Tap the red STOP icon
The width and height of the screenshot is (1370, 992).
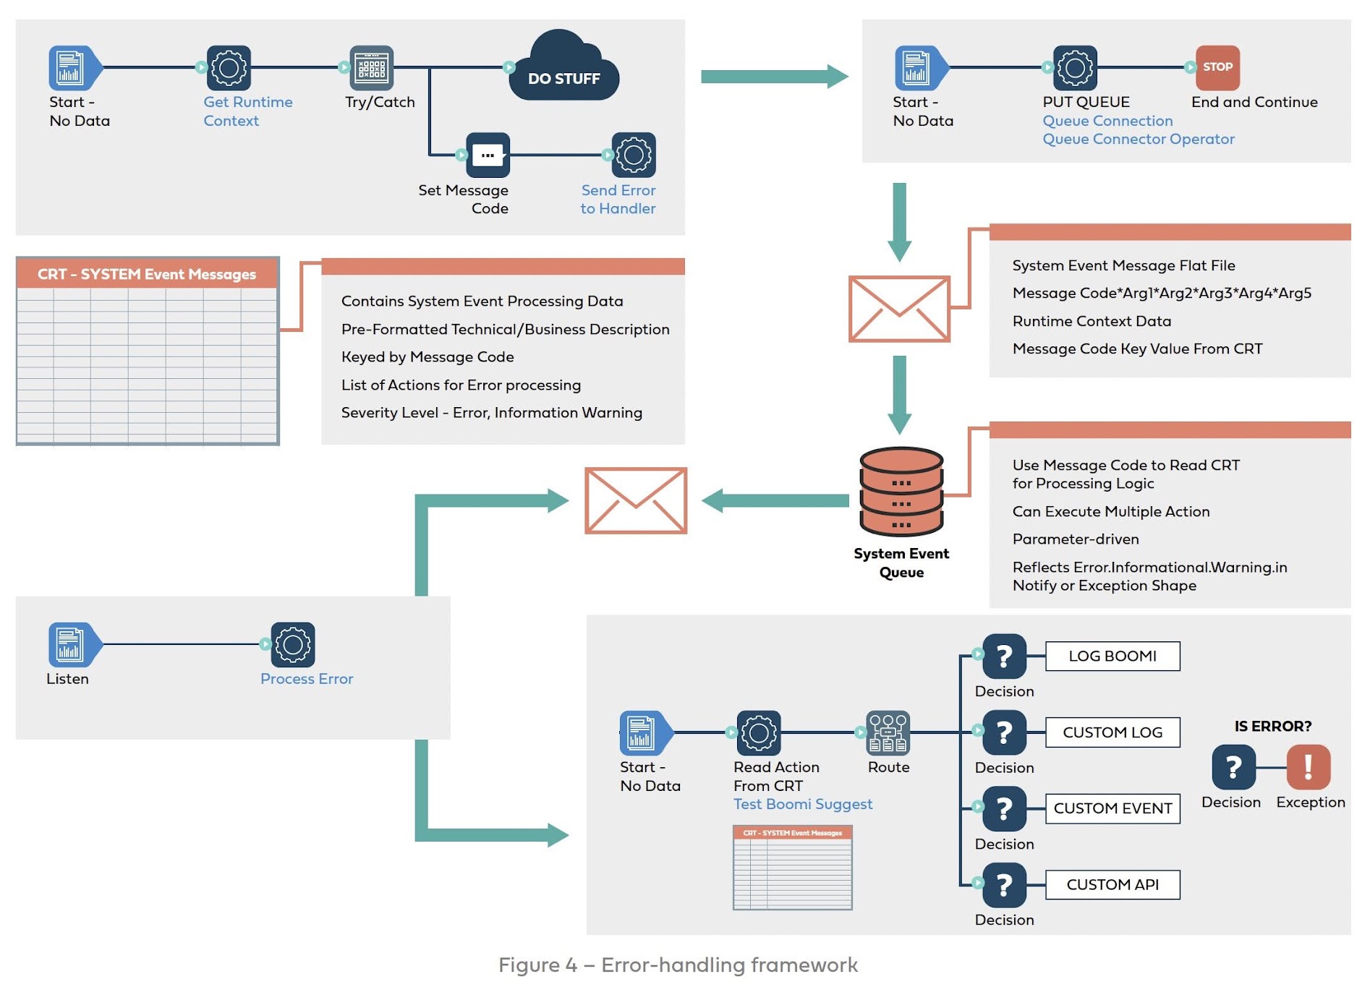pyautogui.click(x=1217, y=67)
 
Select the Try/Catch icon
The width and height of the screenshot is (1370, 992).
pyautogui.click(x=372, y=67)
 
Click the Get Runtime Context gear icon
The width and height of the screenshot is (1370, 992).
pyautogui.click(x=229, y=67)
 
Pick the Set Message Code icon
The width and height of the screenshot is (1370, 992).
pyautogui.click(x=488, y=155)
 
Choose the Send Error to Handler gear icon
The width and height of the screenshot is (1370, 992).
pyautogui.click(x=634, y=155)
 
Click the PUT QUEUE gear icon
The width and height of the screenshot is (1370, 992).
pyautogui.click(x=1075, y=67)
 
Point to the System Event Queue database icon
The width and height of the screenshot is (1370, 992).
pyautogui.click(x=901, y=492)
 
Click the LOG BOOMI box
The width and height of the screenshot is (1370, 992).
pyautogui.click(x=1112, y=656)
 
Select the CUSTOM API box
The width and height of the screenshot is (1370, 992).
pyautogui.click(x=1112, y=884)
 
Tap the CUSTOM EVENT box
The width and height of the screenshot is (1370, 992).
pyautogui.click(x=1112, y=808)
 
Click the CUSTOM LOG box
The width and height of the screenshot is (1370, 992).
pyautogui.click(x=1112, y=732)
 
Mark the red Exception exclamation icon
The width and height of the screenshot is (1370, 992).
pyautogui.click(x=1309, y=766)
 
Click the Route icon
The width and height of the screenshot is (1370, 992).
pyautogui.click(x=888, y=732)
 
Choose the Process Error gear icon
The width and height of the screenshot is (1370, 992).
pyautogui.click(x=293, y=644)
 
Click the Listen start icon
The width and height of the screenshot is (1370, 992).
pyautogui.click(x=70, y=644)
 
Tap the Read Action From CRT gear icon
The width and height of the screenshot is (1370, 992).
pyautogui.click(x=759, y=732)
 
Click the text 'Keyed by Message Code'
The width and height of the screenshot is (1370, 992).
pyautogui.click(x=427, y=356)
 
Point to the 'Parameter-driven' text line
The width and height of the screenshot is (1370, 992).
pyautogui.click(x=1076, y=539)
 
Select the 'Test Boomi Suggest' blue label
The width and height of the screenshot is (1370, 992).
pyautogui.click(x=803, y=804)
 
